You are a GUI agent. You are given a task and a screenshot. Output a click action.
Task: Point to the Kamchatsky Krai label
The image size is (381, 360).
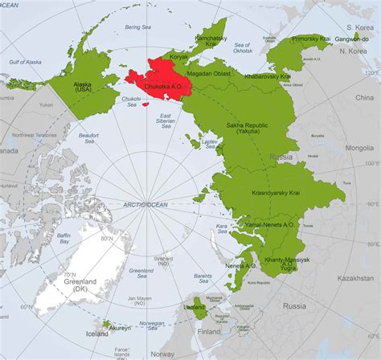click(x=215, y=40)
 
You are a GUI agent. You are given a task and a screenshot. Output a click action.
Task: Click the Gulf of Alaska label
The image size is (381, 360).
click(x=27, y=62)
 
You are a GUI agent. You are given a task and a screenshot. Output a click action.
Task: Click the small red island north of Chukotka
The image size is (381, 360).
click(x=146, y=103)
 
